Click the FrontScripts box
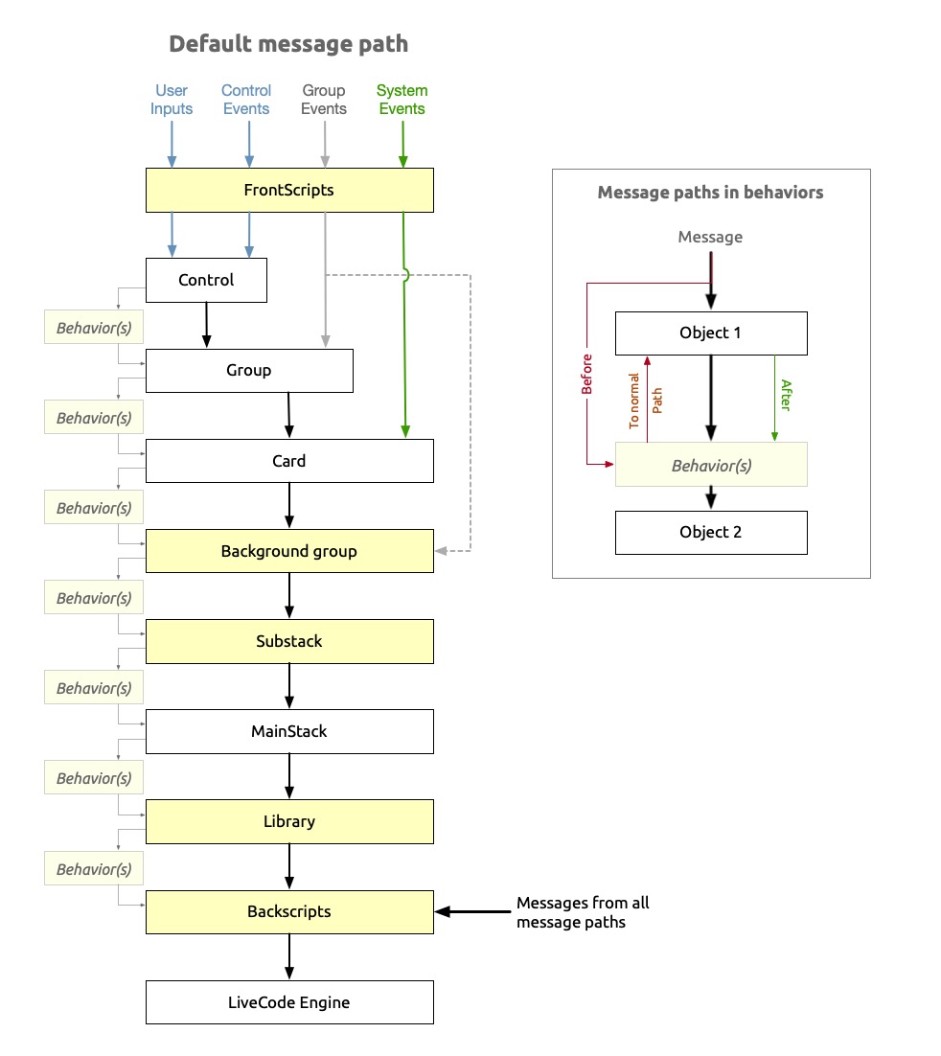click(289, 190)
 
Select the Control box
click(206, 281)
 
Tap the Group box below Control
click(249, 371)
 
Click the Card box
click(289, 461)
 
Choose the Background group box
click(289, 551)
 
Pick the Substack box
click(289, 641)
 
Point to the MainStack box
click(289, 731)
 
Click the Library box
click(289, 821)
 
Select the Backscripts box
click(289, 911)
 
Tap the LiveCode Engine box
click(289, 1002)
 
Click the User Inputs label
click(172, 100)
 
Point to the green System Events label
click(402, 100)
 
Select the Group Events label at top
click(324, 100)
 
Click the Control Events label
click(247, 100)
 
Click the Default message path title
click(288, 44)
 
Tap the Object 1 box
click(711, 333)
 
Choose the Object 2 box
click(711, 532)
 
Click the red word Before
click(586, 375)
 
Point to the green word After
click(786, 396)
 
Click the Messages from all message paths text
click(583, 912)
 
